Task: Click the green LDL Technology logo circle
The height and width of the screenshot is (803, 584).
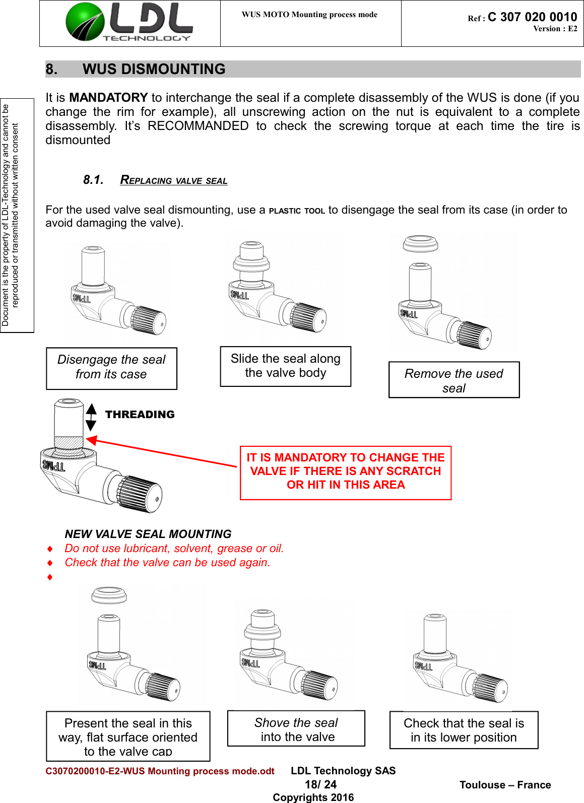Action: (x=85, y=22)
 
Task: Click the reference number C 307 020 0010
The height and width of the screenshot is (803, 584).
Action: (x=532, y=17)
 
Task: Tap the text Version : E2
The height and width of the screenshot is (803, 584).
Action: (x=555, y=29)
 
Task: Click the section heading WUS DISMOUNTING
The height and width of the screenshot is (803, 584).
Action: (x=154, y=69)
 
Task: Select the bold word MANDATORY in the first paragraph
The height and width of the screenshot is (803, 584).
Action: (x=108, y=98)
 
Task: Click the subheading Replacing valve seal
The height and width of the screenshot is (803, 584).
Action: (x=173, y=180)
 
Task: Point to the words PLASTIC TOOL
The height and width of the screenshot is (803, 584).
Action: (x=297, y=211)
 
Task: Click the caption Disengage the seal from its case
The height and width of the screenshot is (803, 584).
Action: (x=111, y=367)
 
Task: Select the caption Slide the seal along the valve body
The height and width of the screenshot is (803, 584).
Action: (x=285, y=366)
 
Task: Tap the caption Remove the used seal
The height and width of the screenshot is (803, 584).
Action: (x=453, y=380)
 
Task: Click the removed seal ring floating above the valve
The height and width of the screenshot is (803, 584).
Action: (x=420, y=243)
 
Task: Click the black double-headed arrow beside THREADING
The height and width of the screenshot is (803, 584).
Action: (x=91, y=417)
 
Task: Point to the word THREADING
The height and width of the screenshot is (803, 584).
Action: (x=140, y=415)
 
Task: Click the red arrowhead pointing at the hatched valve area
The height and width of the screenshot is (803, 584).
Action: (x=92, y=441)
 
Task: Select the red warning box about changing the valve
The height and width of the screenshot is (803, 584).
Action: (x=345, y=472)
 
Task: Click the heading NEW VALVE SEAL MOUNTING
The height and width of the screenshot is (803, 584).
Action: (x=148, y=534)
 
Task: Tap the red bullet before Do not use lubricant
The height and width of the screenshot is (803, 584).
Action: (x=50, y=549)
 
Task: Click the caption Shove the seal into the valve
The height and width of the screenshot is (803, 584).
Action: (x=296, y=729)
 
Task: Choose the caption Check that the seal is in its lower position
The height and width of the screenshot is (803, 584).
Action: (x=464, y=730)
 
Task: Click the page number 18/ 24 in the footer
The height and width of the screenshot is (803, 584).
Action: (x=320, y=784)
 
